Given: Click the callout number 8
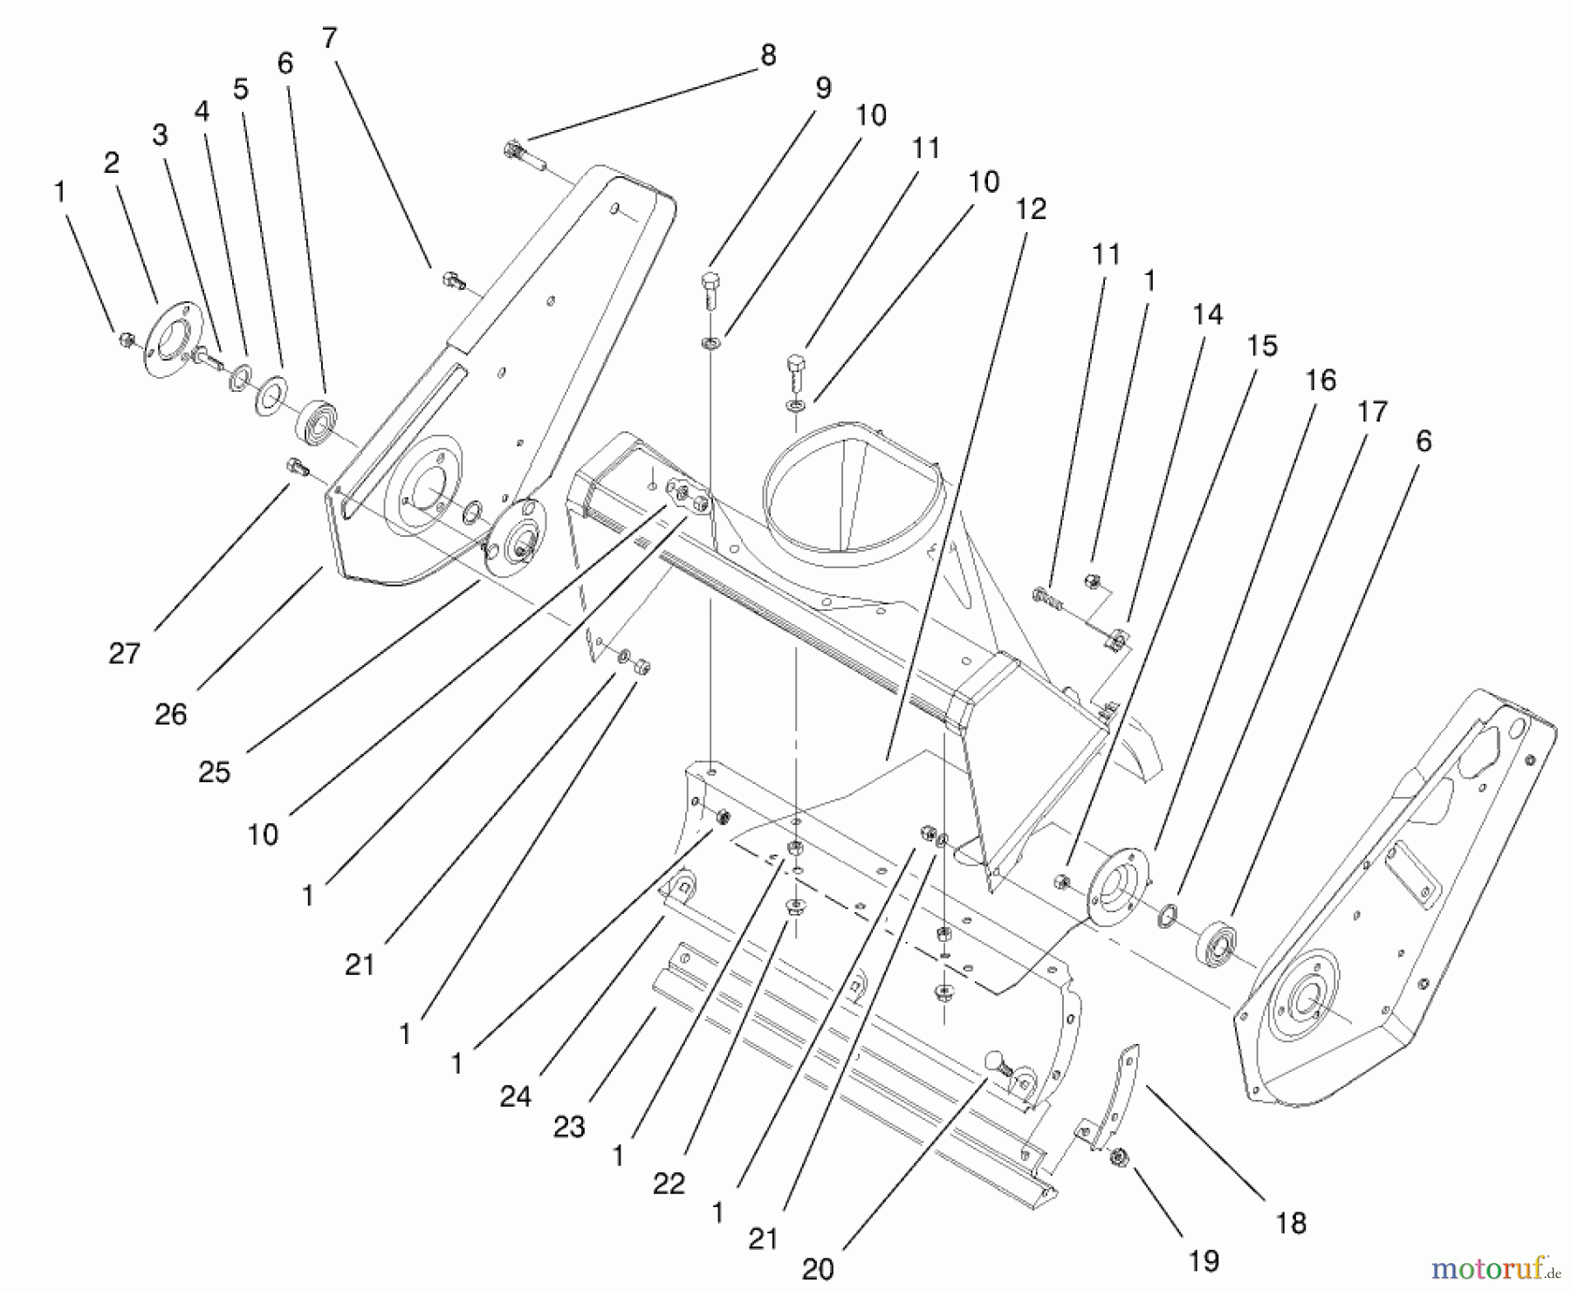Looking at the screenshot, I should click(768, 56).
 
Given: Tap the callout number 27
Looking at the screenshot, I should click(124, 653).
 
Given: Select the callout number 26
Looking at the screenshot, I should click(171, 715).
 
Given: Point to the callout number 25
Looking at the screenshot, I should click(215, 772).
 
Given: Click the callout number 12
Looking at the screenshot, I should click(1031, 209).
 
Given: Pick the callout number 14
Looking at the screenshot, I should click(1208, 314).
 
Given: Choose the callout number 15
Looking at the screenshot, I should click(1262, 346).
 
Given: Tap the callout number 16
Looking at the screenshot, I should click(1321, 381).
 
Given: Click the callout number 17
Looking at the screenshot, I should click(1372, 411).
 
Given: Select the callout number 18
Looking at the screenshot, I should click(1291, 1224).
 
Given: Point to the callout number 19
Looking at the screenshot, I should click(1204, 1260).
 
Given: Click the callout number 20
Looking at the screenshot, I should click(818, 1268).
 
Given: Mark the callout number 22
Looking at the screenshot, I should click(669, 1184).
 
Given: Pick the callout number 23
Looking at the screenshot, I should click(569, 1127).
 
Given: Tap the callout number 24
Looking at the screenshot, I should click(515, 1096).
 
